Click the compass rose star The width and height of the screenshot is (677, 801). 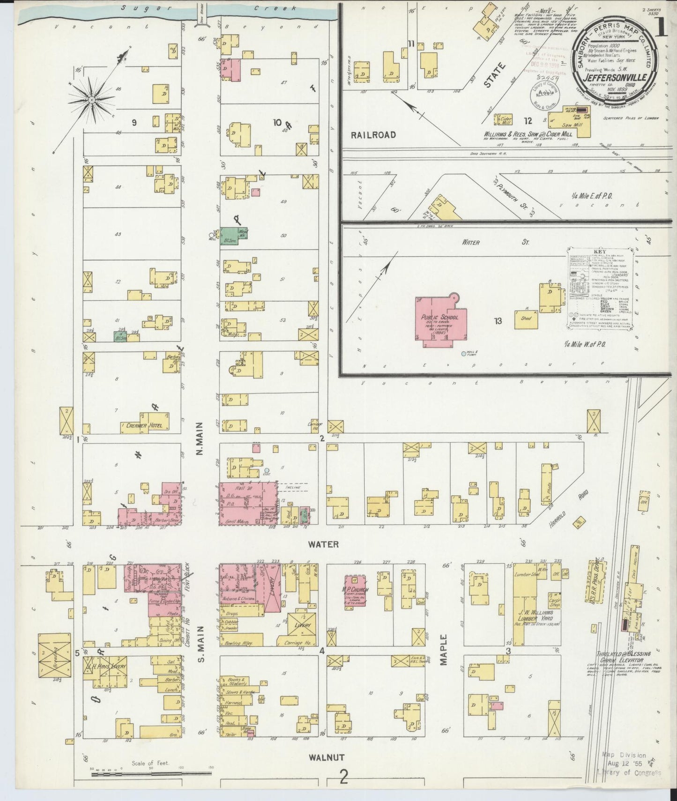(x=92, y=99)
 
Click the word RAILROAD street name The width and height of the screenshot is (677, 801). (x=374, y=135)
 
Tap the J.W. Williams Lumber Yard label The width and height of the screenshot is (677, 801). (x=536, y=615)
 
